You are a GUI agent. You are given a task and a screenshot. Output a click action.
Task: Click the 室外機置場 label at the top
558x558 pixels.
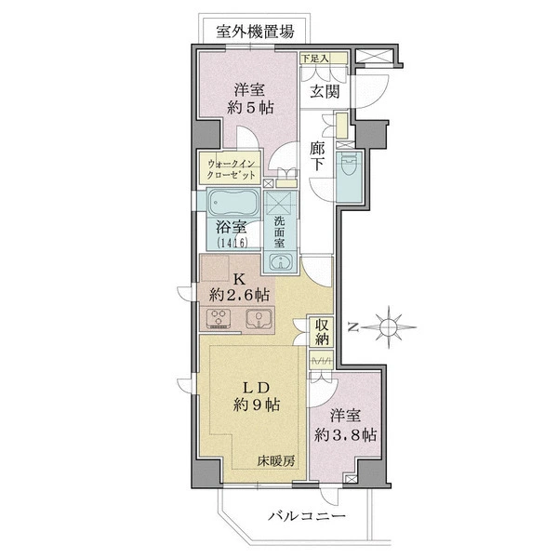pyautogui.click(x=255, y=32)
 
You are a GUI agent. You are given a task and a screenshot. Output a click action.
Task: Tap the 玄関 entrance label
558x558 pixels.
pyautogui.click(x=325, y=92)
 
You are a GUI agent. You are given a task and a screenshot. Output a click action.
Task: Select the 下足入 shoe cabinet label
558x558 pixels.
pyautogui.click(x=314, y=59)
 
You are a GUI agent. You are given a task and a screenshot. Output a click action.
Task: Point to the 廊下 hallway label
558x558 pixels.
pyautogui.click(x=316, y=155)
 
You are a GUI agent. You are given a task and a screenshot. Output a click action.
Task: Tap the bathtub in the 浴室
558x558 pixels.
pyautogui.click(x=233, y=202)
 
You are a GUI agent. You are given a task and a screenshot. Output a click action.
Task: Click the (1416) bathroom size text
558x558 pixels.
pyautogui.click(x=232, y=243)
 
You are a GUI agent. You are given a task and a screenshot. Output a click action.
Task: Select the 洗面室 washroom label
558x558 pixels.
pyautogui.click(x=279, y=232)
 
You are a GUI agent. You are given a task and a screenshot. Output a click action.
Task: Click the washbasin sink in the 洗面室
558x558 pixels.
pyautogui.click(x=281, y=262)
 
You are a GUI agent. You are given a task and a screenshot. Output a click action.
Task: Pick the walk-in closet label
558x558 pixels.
pyautogui.click(x=232, y=169)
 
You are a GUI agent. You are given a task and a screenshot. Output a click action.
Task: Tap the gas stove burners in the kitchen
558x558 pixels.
pyautogui.click(x=219, y=318)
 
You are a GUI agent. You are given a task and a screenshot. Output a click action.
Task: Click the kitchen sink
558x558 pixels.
pyautogui.click(x=259, y=318)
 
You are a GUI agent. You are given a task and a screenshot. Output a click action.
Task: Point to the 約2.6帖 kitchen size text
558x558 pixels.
pyautogui.click(x=239, y=295)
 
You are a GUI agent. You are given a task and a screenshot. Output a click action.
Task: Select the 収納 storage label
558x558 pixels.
pyautogui.click(x=322, y=332)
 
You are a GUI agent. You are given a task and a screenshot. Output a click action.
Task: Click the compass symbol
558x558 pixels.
pyautogui.click(x=388, y=326)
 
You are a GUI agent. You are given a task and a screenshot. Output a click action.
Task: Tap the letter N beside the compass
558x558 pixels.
pyautogui.click(x=352, y=326)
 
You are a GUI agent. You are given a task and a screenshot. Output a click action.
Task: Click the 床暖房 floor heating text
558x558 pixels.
pyautogui.click(x=276, y=461)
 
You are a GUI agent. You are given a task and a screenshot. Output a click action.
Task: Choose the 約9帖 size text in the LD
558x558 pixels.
pyautogui.click(x=257, y=405)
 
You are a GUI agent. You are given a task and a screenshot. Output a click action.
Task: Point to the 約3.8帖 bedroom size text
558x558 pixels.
pyautogui.click(x=345, y=435)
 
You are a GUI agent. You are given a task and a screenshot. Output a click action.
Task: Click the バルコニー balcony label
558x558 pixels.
pyautogui.click(x=306, y=516)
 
